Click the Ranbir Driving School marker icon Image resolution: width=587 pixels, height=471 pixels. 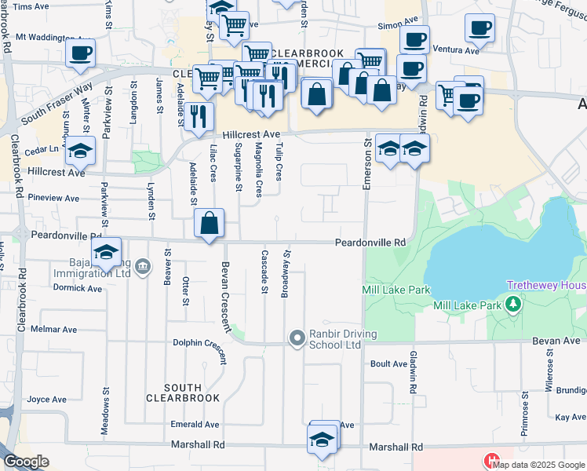click(x=297, y=339)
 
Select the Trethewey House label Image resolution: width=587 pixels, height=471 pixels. click(x=546, y=286)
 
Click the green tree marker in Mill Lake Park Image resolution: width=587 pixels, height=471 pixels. click(x=513, y=303)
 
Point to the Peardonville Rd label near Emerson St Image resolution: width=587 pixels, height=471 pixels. click(x=370, y=243)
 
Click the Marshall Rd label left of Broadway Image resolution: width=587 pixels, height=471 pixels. click(x=198, y=444)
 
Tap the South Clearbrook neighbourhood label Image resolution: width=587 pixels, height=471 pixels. click(x=183, y=392)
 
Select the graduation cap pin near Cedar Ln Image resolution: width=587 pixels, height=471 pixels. click(x=79, y=150)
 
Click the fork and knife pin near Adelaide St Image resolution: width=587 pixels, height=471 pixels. click(x=199, y=116)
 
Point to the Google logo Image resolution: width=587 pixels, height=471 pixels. click(x=26, y=462)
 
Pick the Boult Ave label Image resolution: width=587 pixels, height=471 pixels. click(x=388, y=363)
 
